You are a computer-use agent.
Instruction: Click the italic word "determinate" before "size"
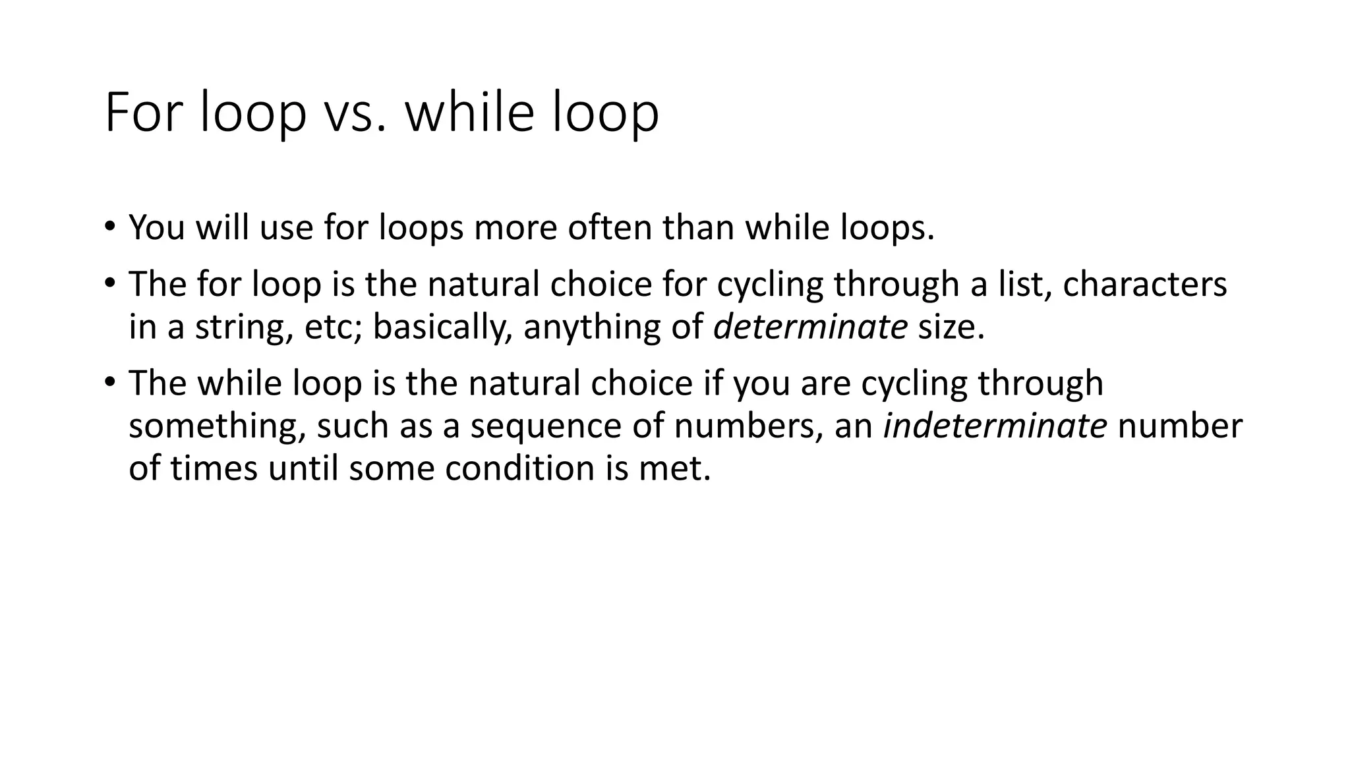810,327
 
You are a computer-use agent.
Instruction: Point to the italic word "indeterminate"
995,426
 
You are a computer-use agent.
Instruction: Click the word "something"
218,426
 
